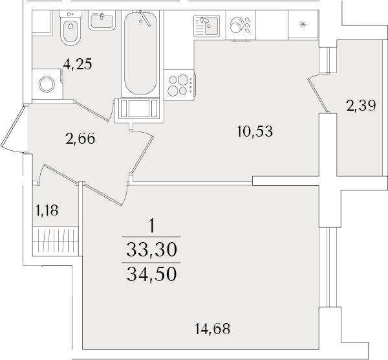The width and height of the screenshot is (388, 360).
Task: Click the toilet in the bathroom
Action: [70, 30]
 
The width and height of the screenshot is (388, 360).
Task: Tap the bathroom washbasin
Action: [101, 21]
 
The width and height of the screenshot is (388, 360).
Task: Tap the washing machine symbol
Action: [47, 85]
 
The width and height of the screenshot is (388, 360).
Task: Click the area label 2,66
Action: [81, 137]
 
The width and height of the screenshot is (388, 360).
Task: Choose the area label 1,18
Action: [47, 209]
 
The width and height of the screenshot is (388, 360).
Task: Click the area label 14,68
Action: [211, 329]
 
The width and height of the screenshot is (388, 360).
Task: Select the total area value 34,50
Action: [153, 274]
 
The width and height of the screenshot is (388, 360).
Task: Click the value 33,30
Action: [153, 249]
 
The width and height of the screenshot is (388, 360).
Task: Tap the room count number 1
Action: [152, 226]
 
